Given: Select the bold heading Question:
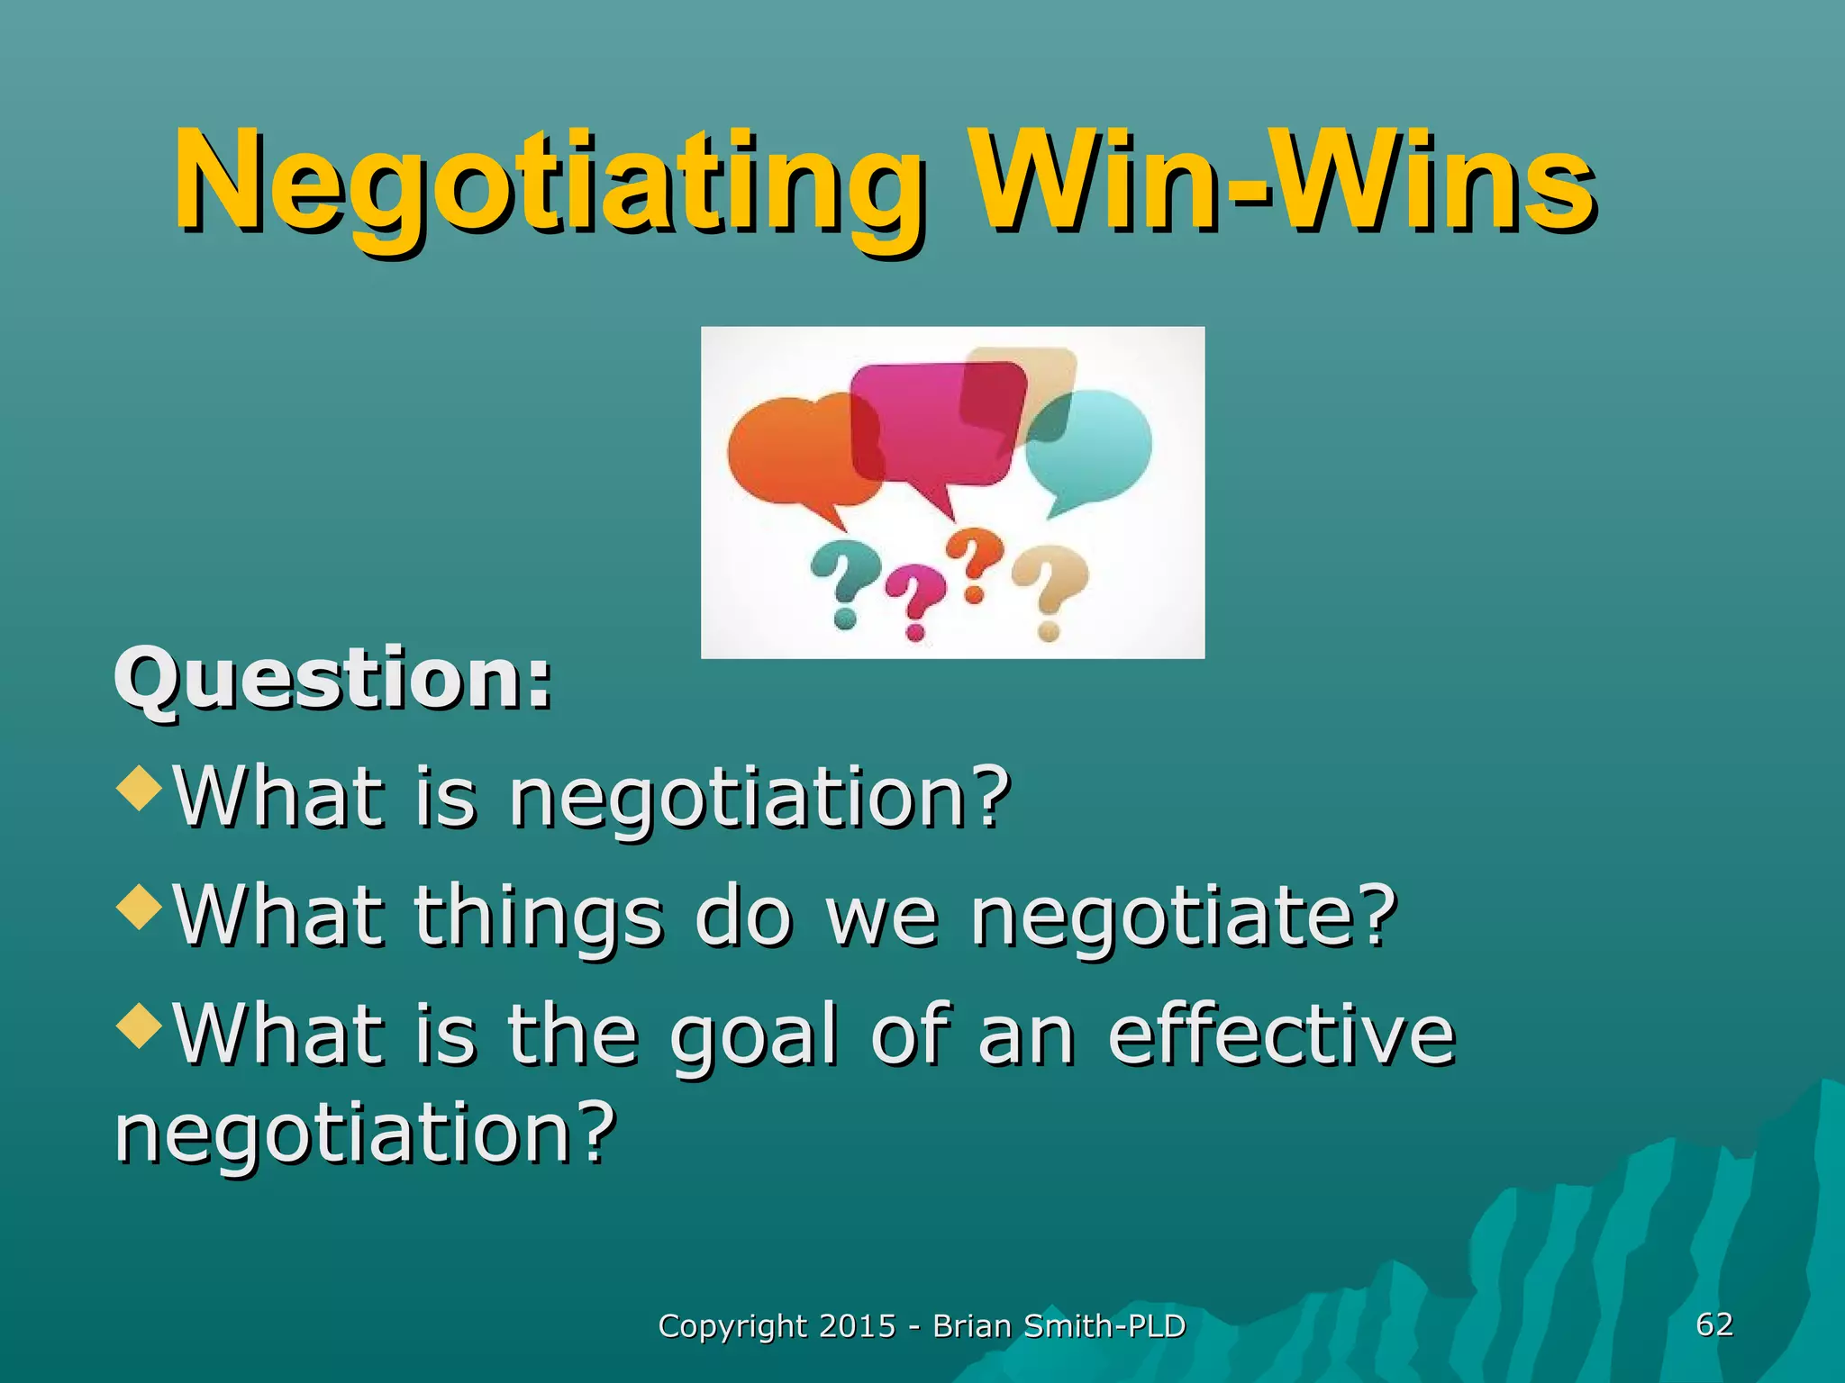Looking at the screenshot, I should click(332, 680).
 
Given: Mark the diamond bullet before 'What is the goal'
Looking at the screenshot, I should click(140, 1025).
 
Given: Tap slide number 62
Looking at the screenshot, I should click(1714, 1324).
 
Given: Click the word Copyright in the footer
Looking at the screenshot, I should click(732, 1327).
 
